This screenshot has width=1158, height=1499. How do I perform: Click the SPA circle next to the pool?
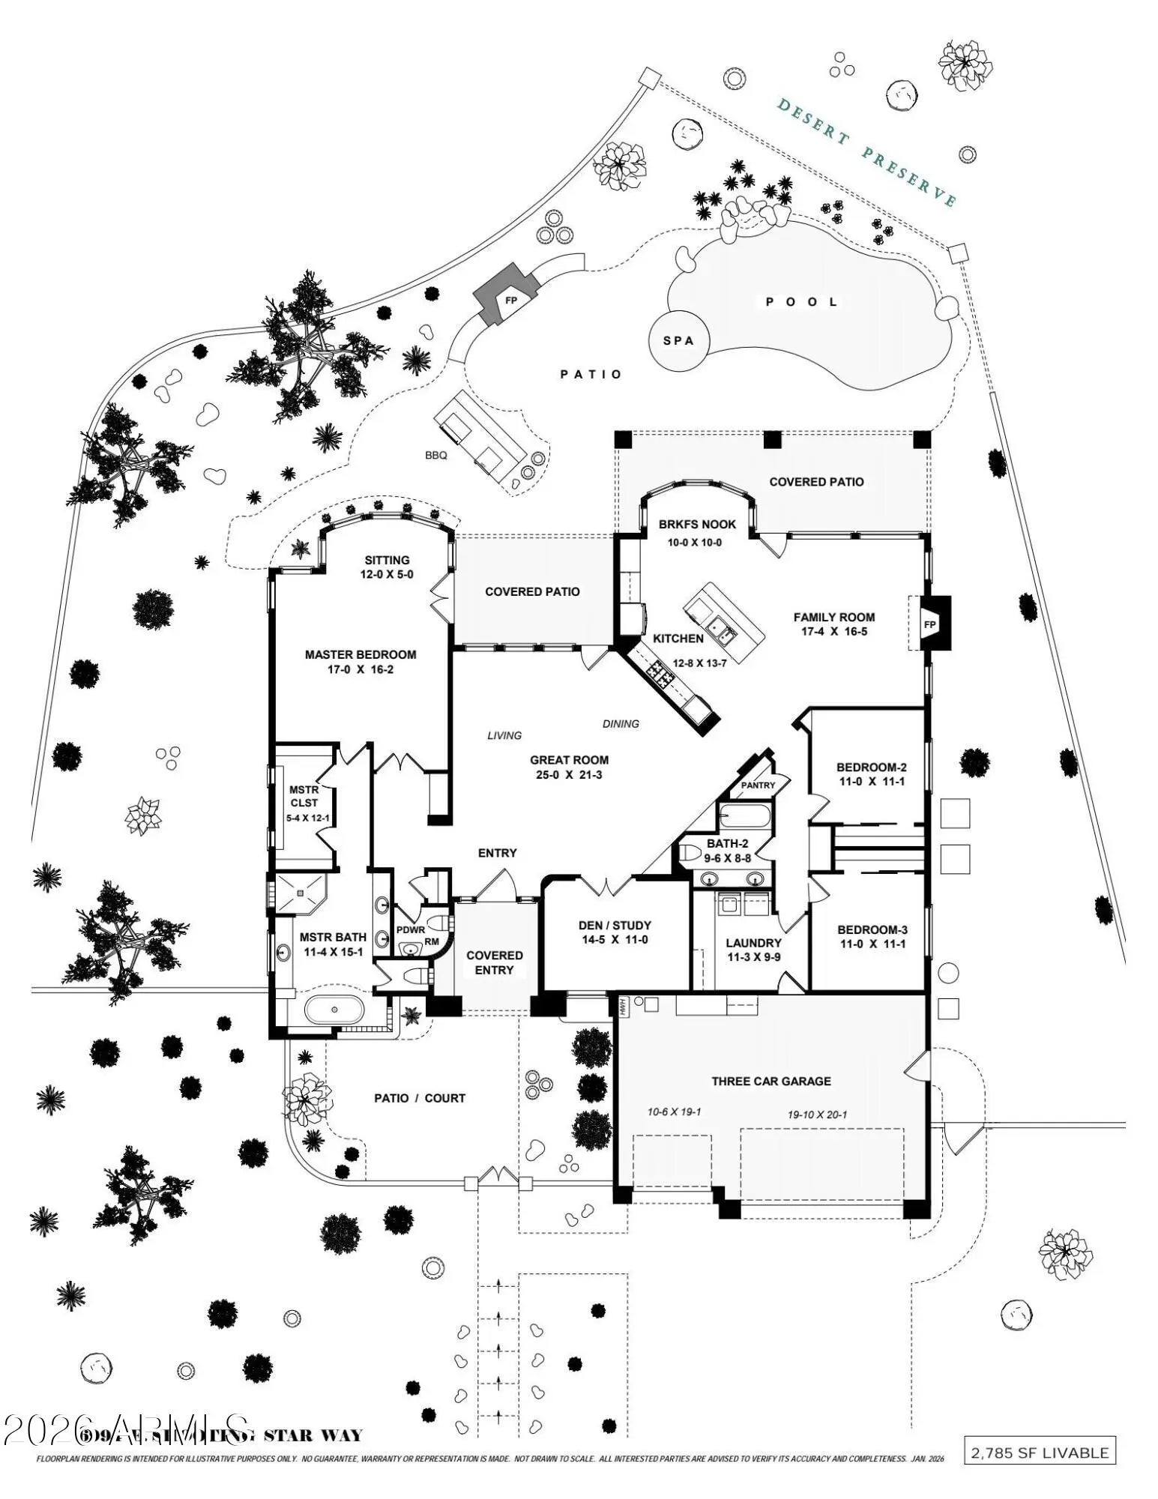coord(678,340)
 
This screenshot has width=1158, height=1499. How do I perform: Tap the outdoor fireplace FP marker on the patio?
coord(511,301)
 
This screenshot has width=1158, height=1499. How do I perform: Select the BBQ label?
coord(435,455)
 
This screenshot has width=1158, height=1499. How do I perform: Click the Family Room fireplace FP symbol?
coord(929,624)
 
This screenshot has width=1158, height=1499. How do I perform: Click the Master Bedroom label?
coord(360,654)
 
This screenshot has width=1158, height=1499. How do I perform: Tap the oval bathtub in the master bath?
coord(334,1010)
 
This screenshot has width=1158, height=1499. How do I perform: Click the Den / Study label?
coord(615,925)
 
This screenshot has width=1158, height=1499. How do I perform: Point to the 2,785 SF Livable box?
coord(1039,1452)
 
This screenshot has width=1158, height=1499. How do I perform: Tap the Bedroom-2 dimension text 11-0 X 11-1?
coord(872,782)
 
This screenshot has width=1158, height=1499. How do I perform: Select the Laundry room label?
coord(753,943)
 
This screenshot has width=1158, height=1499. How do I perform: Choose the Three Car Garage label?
coord(771,1081)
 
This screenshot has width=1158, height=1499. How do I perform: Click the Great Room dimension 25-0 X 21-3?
coord(569,774)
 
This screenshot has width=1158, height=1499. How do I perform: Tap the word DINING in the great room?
coord(621,723)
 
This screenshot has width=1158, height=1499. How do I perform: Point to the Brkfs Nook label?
coord(697,525)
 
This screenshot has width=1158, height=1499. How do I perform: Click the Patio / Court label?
coord(420,1098)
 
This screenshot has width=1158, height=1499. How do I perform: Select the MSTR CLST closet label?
coord(304,796)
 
